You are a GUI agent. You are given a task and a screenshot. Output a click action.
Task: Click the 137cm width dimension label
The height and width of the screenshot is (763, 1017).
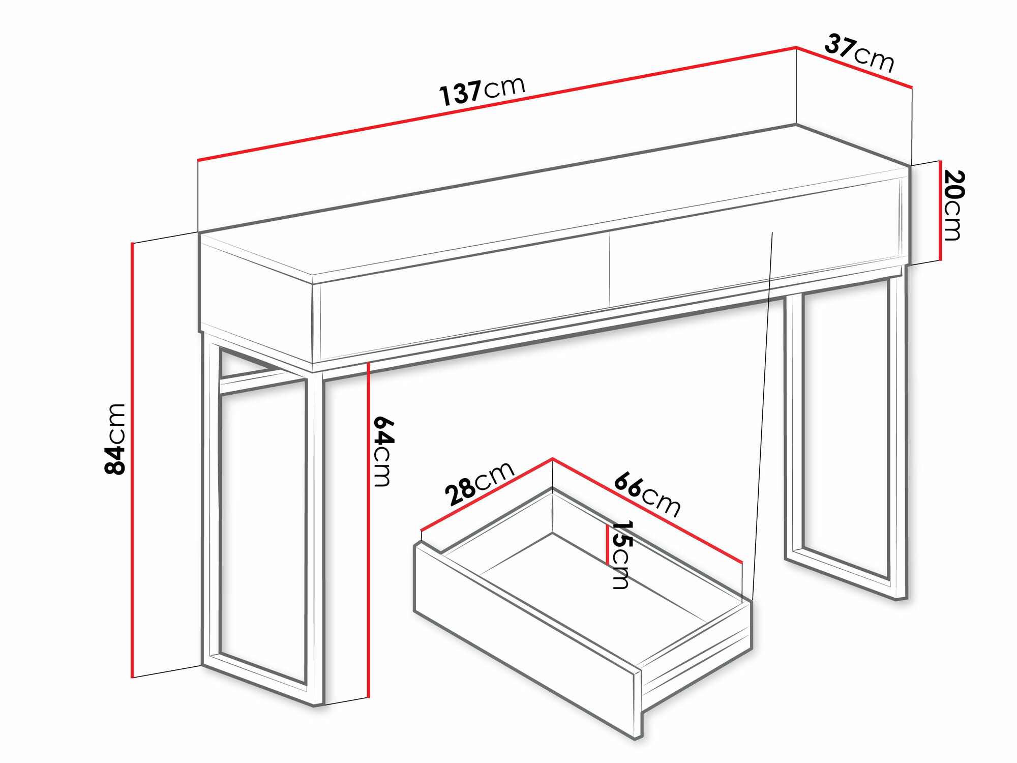click(482, 92)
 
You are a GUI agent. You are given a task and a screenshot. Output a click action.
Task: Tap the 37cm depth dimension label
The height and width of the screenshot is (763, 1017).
click(859, 53)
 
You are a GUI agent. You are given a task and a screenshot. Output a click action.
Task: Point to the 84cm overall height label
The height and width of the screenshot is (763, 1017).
click(115, 439)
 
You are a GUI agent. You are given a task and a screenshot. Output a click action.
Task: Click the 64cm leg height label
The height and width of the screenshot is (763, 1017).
click(382, 451)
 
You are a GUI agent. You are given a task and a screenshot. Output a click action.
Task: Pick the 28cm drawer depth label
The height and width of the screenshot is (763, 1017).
click(480, 484)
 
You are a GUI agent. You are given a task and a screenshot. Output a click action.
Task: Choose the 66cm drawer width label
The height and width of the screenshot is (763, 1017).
click(647, 495)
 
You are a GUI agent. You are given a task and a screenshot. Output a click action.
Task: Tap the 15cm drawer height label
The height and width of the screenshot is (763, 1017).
click(621, 554)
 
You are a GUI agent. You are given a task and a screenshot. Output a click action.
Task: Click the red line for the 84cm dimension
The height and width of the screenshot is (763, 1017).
click(132, 460)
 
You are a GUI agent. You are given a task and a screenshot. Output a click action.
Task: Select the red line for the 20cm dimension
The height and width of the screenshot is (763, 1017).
click(940, 211)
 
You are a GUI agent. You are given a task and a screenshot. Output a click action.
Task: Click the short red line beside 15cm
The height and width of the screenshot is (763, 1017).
click(607, 545)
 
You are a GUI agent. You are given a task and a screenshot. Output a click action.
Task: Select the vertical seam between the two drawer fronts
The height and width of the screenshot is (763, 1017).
click(610, 270)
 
